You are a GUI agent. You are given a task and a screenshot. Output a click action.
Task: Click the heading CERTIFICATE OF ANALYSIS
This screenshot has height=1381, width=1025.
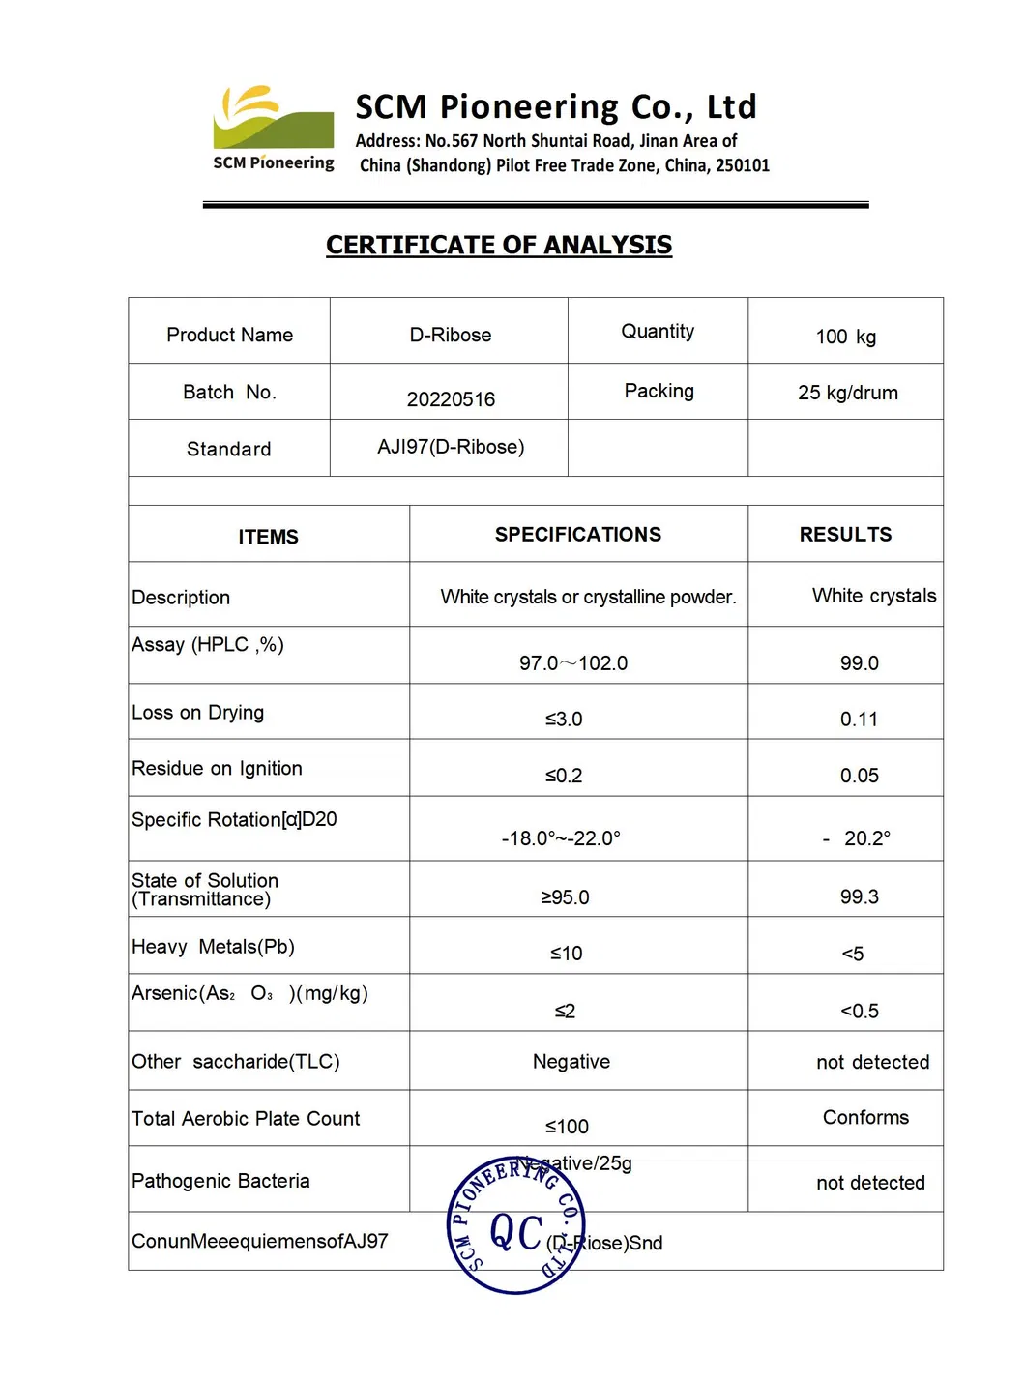point(499,245)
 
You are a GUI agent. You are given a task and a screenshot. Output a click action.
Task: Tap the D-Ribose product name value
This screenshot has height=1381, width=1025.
point(451,335)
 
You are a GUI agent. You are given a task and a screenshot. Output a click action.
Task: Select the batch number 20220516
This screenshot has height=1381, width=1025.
point(451,399)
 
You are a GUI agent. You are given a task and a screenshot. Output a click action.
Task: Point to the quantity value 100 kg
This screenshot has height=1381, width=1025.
point(846,337)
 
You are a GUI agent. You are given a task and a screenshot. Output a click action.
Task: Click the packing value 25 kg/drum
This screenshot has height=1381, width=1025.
point(848,393)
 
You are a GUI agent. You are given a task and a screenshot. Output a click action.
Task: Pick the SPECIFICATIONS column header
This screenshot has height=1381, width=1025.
point(578,535)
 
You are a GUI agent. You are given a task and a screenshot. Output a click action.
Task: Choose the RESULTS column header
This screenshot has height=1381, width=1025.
point(845,535)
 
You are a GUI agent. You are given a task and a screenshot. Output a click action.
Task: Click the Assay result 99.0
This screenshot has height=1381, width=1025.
point(860,663)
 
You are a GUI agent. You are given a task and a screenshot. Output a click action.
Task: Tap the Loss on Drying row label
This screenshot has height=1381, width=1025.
point(198,713)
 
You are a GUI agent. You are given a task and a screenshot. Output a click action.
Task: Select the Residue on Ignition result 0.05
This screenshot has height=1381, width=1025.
point(860,776)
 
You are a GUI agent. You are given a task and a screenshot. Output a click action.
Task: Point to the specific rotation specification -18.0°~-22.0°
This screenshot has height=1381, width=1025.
point(562,838)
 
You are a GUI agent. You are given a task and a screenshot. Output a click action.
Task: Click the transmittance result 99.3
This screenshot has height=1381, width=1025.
point(860,897)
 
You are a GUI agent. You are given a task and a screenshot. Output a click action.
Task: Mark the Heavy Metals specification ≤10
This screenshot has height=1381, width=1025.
point(567,954)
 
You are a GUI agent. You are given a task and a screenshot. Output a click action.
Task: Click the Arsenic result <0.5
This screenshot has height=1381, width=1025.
point(860,1012)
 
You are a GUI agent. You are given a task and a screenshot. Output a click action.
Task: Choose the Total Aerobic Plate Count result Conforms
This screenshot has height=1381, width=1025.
point(865,1118)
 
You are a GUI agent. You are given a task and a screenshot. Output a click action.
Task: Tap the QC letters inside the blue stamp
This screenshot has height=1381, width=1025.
point(516,1233)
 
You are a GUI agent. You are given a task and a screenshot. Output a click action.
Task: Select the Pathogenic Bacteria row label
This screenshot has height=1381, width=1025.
point(221,1181)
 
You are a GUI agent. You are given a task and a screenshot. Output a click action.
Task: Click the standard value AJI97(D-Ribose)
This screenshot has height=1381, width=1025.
point(451,447)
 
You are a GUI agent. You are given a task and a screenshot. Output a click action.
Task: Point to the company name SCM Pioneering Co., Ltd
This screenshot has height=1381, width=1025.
point(556,106)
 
